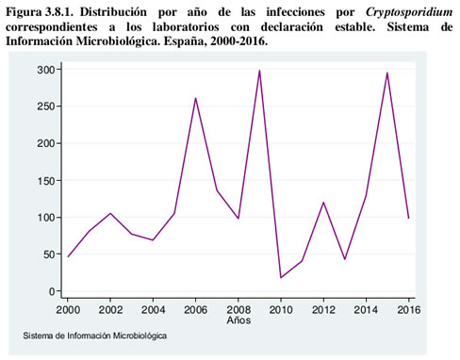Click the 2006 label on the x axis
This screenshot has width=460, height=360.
click(195, 310)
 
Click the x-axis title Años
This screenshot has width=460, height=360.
click(239, 321)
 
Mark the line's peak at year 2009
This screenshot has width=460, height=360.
click(259, 71)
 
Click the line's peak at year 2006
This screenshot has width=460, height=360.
click(195, 98)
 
